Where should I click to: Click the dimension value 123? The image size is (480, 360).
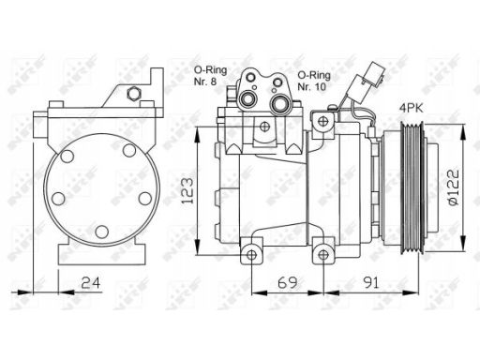coord(187,190)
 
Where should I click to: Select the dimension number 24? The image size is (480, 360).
coord(91,283)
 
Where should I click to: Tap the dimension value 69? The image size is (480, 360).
coord(288,283)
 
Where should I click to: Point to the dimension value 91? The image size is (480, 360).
coord(370,283)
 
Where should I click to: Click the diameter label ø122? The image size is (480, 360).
coord(453,187)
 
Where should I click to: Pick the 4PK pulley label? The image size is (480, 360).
coord(412,109)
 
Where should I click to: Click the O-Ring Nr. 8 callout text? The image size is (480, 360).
coord(210,75)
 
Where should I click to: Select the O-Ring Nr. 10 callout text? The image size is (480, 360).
coord(314,81)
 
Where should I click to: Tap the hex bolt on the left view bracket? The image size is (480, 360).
coord(134,94)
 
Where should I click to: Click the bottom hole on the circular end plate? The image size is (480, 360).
coord(102,232)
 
